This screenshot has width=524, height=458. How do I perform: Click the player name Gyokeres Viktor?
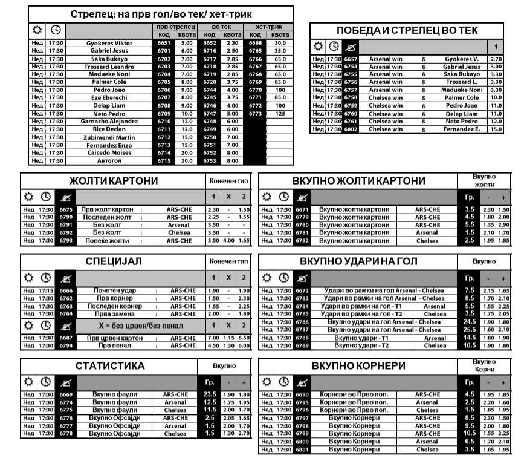pos(109,43)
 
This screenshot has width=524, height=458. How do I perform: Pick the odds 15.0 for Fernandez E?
pos(496,129)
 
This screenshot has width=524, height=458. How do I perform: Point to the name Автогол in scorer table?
pos(109,160)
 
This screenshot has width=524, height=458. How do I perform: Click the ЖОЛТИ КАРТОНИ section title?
pos(113,181)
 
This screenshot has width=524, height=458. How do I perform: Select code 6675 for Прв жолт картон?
pos(66,209)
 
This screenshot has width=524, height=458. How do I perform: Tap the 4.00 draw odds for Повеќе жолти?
pos(228,240)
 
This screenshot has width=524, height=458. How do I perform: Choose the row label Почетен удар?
pos(115,290)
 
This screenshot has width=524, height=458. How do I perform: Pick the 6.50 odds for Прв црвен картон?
pos(244,337)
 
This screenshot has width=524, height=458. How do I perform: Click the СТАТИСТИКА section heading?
pos(110,366)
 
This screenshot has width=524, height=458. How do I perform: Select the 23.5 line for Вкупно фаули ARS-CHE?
pos(210,394)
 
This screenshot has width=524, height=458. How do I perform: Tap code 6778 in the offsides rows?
pos(66,433)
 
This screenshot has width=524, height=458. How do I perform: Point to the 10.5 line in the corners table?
pos(469,433)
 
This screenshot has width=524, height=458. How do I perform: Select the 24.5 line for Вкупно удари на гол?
pos(469,322)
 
